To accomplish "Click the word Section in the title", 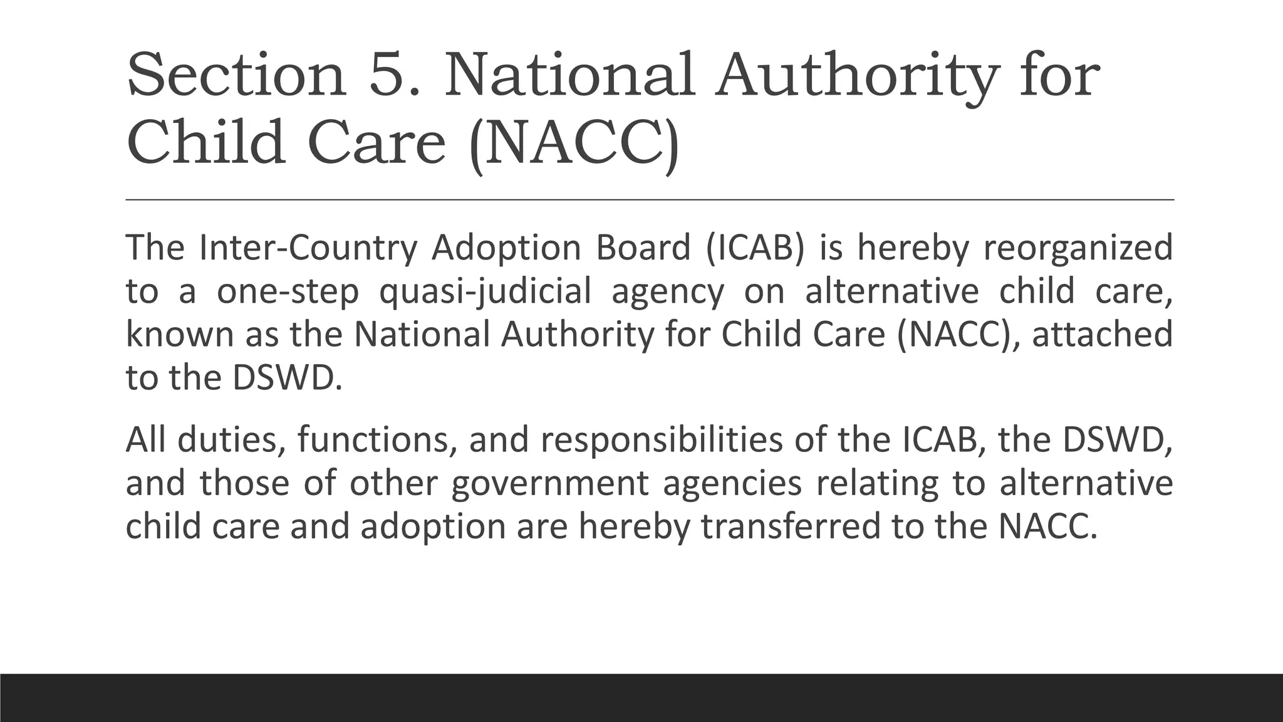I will click(x=236, y=75).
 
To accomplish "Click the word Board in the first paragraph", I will click(x=643, y=248).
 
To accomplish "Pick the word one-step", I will click(x=288, y=292).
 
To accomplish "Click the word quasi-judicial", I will click(x=485, y=292).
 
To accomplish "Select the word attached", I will click(x=1103, y=334).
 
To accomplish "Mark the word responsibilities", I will click(x=662, y=441).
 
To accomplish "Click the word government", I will click(x=549, y=484).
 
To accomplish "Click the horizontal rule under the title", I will click(x=650, y=199).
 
